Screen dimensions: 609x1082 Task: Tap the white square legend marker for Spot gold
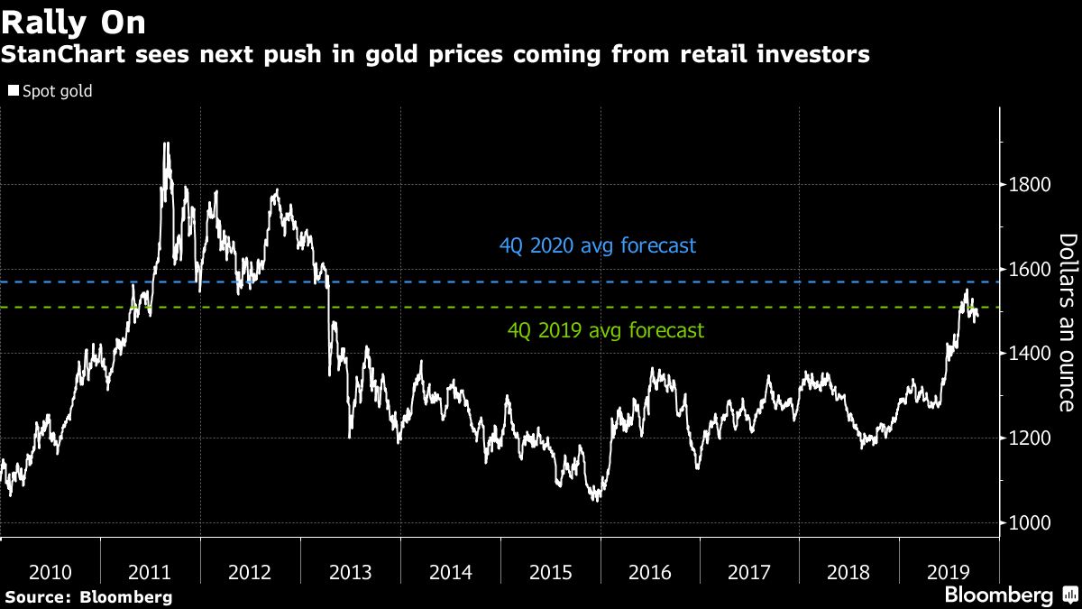click(x=13, y=91)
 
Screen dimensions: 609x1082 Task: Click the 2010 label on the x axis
click(x=50, y=572)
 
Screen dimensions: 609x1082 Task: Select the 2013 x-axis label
click(x=351, y=572)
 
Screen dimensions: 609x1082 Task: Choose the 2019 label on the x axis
click(x=949, y=572)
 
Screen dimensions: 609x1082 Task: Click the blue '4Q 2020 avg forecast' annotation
click(x=598, y=245)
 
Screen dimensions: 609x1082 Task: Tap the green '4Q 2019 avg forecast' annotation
click(x=606, y=331)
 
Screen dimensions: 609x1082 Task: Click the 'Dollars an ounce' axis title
click(x=1068, y=322)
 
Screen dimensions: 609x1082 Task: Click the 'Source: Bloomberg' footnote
click(x=87, y=596)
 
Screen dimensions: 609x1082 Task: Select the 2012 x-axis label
click(x=251, y=572)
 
